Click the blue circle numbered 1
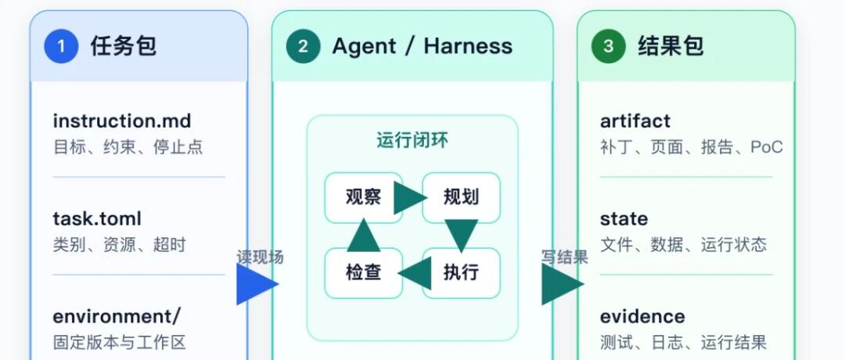[61, 46]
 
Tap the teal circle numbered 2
[303, 46]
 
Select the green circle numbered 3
[609, 46]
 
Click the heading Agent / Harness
[422, 46]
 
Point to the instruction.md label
[122, 121]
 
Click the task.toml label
[97, 219]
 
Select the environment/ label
[117, 316]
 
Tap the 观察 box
[364, 197]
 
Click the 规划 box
[462, 197]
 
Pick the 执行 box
[462, 272]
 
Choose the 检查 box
[364, 272]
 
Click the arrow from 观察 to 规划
[411, 198]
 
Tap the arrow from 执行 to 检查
[415, 273]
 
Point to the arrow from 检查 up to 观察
[364, 235]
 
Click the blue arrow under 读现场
[257, 284]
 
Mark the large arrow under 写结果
[563, 284]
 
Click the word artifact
[635, 121]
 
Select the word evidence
[642, 316]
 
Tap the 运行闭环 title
[412, 140]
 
